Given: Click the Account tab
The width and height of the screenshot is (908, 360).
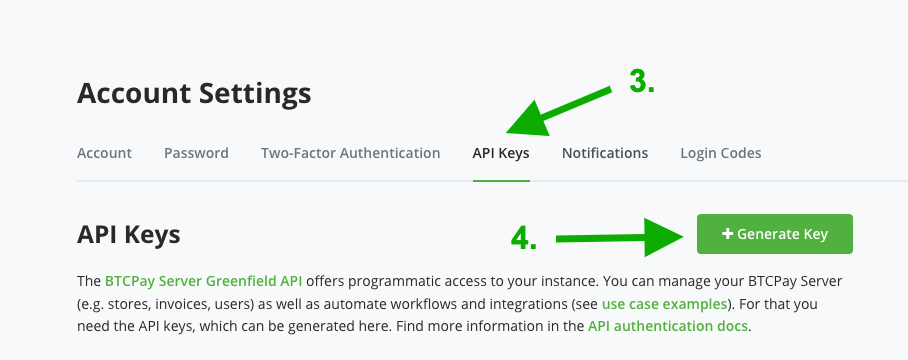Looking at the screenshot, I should click(x=104, y=153).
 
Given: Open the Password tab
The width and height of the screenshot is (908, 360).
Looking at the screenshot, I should click(x=196, y=153).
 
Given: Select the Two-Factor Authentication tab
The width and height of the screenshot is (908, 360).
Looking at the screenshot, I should click(x=350, y=153).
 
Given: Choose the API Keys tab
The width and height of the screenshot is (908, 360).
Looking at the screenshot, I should click(x=501, y=153).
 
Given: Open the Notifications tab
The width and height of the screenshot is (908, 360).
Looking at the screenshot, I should click(x=604, y=153).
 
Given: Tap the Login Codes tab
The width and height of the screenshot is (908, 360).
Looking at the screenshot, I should click(x=720, y=153).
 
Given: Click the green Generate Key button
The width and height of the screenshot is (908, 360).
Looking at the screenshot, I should click(x=775, y=234).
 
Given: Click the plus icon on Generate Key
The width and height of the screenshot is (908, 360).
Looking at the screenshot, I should click(x=727, y=234).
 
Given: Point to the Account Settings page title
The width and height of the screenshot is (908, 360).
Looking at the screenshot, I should click(x=194, y=93).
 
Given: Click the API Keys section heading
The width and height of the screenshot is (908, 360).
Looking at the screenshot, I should click(x=128, y=234).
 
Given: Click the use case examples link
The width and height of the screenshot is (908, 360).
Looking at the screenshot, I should click(x=655, y=303).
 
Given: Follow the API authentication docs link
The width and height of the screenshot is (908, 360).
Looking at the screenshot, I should click(x=667, y=326).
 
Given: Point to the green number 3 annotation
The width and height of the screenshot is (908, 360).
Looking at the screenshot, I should click(x=641, y=82).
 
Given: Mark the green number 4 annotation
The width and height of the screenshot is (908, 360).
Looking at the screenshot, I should click(x=524, y=238).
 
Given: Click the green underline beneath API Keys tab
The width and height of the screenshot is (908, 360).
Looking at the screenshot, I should click(x=501, y=181).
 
